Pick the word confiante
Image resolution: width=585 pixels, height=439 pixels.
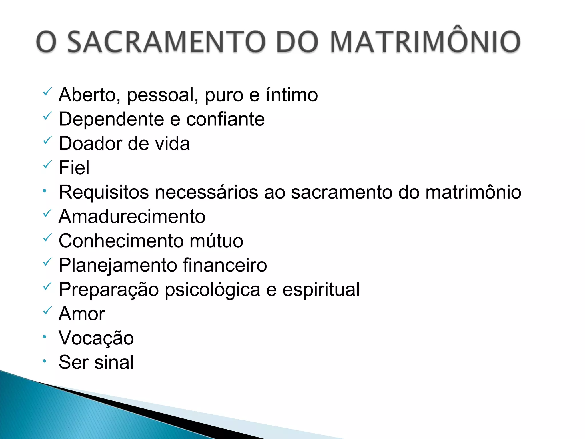click(225, 119)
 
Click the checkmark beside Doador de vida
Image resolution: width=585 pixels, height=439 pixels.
click(47, 140)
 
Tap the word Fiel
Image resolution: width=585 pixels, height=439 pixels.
click(74, 168)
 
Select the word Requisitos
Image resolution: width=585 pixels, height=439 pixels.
click(104, 192)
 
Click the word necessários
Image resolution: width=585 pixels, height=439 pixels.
click(207, 192)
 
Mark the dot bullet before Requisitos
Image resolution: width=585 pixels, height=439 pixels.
click(44, 191)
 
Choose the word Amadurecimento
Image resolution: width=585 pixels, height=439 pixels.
click(132, 217)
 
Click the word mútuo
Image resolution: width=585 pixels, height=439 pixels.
click(216, 241)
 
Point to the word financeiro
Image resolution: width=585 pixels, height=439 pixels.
click(225, 265)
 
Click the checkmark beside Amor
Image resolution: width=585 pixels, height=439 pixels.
click(47, 310)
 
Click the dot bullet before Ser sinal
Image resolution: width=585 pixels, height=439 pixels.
click(44, 361)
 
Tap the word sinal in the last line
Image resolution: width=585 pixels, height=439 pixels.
click(114, 362)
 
